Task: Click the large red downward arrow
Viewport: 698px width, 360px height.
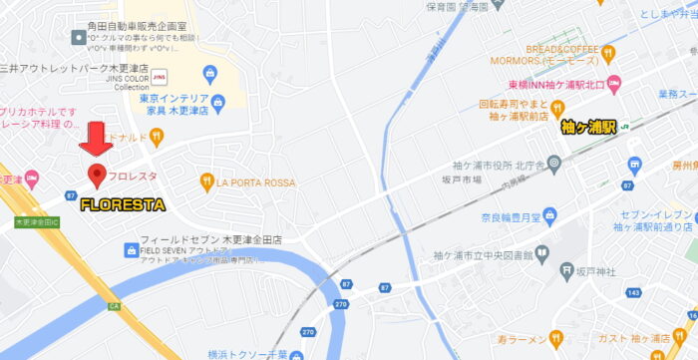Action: coord(97,138)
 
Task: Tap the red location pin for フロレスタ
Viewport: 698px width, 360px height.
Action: coord(97,177)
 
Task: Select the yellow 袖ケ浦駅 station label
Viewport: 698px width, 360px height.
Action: coord(588,127)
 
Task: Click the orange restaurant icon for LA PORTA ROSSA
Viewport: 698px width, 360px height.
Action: coord(208,181)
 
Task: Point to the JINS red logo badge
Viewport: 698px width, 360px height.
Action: coord(160,73)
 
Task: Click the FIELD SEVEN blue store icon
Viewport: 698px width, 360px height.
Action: coord(130,249)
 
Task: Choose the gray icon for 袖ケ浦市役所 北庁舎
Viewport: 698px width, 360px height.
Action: coord(555,163)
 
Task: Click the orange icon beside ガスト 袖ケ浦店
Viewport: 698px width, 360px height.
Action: coord(616,339)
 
